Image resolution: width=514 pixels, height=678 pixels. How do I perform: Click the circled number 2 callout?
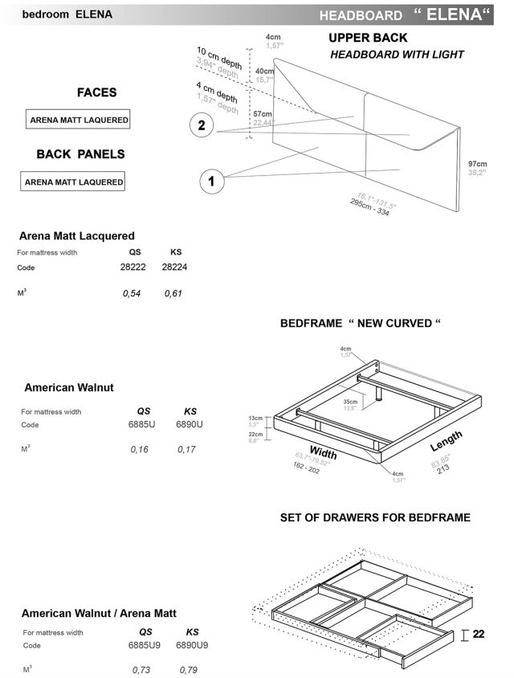click(x=202, y=125)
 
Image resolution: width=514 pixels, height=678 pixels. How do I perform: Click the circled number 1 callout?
click(x=211, y=182)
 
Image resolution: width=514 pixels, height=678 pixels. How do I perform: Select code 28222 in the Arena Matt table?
click(x=135, y=266)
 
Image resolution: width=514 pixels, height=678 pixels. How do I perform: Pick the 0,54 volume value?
click(x=132, y=293)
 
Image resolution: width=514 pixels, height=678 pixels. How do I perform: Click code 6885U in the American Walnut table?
click(x=144, y=424)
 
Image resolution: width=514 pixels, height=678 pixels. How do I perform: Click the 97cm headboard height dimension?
click(x=478, y=164)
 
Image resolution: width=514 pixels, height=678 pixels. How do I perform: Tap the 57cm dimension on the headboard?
click(x=263, y=114)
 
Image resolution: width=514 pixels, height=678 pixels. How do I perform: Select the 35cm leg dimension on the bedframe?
click(x=349, y=402)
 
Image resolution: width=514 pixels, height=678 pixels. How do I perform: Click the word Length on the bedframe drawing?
click(x=447, y=440)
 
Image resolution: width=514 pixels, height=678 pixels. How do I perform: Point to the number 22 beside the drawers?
click(x=479, y=635)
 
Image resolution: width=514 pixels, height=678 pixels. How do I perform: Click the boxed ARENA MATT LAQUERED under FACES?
click(x=79, y=120)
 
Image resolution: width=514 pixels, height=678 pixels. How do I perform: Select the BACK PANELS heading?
click(x=80, y=153)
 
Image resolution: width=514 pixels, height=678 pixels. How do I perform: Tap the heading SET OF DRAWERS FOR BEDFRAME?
click(x=375, y=518)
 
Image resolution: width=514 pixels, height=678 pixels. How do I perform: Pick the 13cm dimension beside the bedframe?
click(x=257, y=419)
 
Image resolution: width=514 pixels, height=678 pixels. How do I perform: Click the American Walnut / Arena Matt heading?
click(x=100, y=613)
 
